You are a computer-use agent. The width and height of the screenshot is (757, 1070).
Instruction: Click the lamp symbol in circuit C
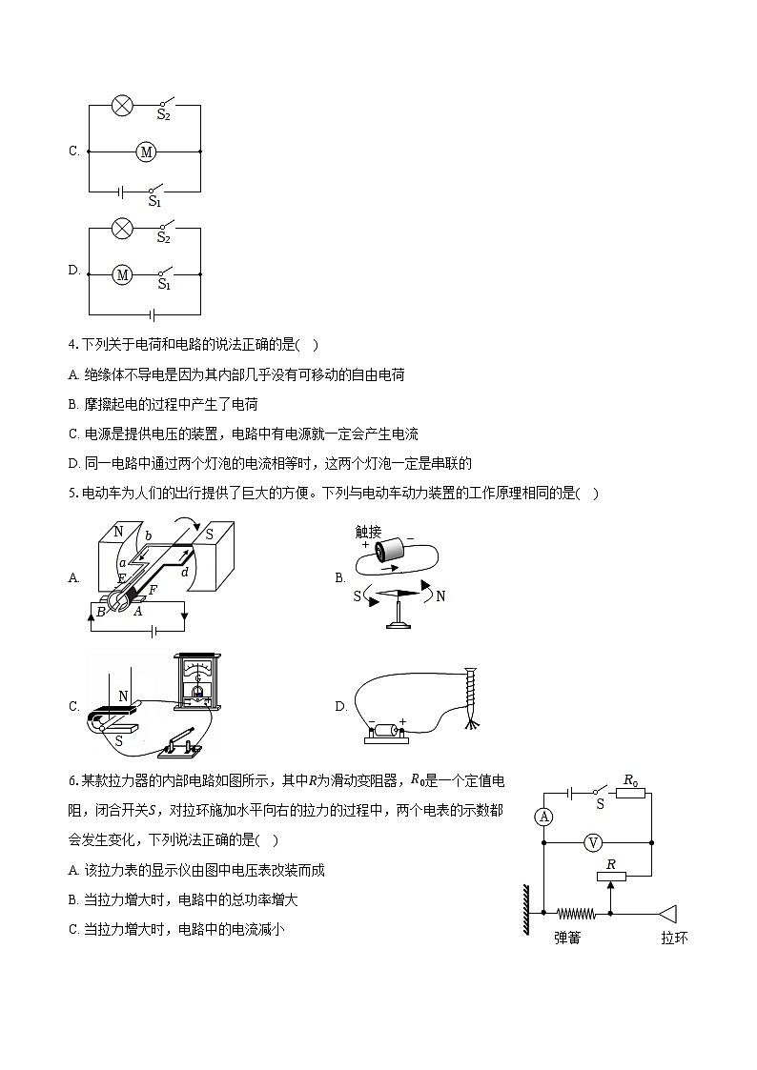[x=122, y=105]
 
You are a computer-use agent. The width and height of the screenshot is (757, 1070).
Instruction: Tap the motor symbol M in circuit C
[x=146, y=151]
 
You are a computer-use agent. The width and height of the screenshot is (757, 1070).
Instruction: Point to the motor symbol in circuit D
[x=122, y=274]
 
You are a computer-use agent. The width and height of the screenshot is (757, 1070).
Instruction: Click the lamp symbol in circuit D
[x=122, y=229]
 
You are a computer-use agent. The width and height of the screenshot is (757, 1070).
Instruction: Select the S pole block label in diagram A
[x=209, y=535]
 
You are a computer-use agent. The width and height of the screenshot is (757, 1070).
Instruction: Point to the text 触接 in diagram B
[x=368, y=532]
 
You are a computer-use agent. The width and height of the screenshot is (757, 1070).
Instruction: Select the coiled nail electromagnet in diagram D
[x=468, y=698]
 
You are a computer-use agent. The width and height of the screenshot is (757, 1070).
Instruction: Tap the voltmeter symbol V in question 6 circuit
[x=593, y=842]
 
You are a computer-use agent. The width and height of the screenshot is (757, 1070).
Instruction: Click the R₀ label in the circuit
[x=630, y=779]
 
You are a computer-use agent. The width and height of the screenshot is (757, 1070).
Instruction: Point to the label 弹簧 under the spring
[x=568, y=938]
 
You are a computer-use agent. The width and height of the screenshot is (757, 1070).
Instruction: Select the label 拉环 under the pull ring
[x=674, y=938]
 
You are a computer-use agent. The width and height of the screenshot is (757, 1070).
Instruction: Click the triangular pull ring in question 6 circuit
[x=667, y=913]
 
